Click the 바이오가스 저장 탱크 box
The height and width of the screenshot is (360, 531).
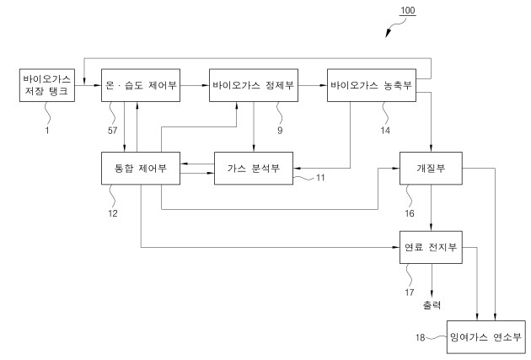(x=46, y=85)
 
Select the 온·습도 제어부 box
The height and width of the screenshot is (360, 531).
(x=140, y=85)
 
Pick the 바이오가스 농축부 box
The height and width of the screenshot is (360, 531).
(x=372, y=85)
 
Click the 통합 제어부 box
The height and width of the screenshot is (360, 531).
(x=140, y=167)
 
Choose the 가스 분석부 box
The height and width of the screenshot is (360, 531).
(x=254, y=167)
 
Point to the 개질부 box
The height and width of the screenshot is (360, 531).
(x=431, y=167)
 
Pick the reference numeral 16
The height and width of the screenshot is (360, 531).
(x=411, y=214)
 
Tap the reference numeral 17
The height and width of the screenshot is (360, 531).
(x=411, y=293)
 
